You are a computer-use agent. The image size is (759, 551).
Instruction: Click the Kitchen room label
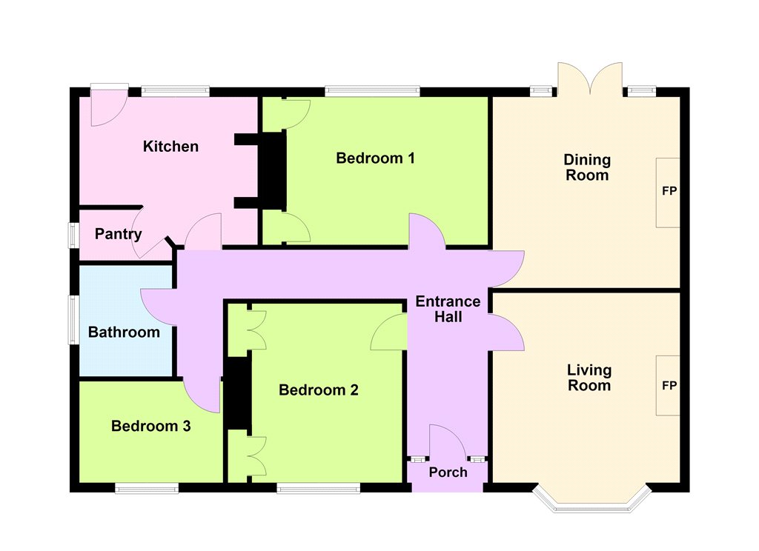click(x=170, y=146)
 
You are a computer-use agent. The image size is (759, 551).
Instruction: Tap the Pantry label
click(x=118, y=234)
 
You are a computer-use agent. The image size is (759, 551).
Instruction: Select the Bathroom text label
click(x=124, y=333)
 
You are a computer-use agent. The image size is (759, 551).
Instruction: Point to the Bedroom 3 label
click(x=151, y=426)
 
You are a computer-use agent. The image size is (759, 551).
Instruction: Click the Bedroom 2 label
click(x=319, y=390)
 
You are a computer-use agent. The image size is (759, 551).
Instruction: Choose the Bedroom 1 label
click(x=375, y=158)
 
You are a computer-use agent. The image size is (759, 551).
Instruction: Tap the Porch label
click(x=448, y=472)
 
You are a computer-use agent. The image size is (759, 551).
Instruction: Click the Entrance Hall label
click(x=448, y=309)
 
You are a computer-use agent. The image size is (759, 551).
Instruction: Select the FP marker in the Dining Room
click(x=669, y=191)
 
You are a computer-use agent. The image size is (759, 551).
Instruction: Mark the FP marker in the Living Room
click(x=669, y=386)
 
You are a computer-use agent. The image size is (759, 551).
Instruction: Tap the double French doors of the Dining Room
click(x=590, y=79)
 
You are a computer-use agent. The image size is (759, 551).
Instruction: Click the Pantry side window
click(x=73, y=235)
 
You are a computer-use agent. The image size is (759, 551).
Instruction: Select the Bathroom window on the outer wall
click(x=73, y=320)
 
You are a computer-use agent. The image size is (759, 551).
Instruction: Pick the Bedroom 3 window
click(x=147, y=488)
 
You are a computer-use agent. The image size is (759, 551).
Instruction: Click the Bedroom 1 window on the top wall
click(x=372, y=91)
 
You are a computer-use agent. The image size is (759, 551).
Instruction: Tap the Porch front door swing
click(x=448, y=441)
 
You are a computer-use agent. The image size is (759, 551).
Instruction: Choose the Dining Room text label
click(x=587, y=167)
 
